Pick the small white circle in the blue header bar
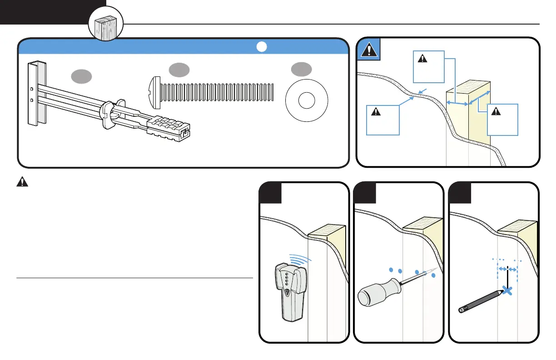(x=261, y=47)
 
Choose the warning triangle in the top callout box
(x=422, y=58)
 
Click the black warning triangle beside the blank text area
(x=21, y=182)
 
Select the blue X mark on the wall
(x=508, y=291)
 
